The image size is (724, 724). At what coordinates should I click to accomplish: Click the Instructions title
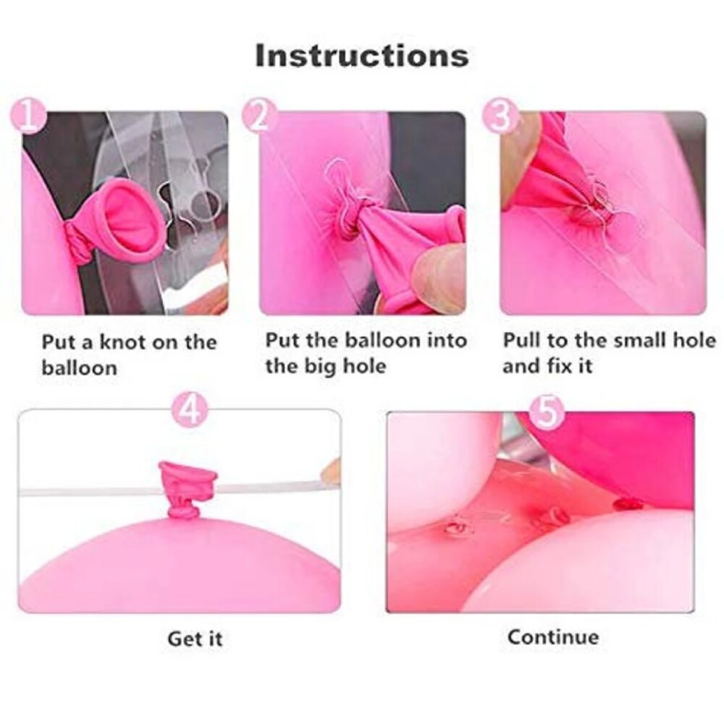click(361, 56)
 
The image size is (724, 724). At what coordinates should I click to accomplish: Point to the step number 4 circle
click(188, 411)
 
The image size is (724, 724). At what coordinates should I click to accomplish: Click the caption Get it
click(195, 639)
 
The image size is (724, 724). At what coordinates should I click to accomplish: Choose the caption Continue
click(553, 637)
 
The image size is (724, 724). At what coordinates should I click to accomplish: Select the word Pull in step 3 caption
click(523, 340)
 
